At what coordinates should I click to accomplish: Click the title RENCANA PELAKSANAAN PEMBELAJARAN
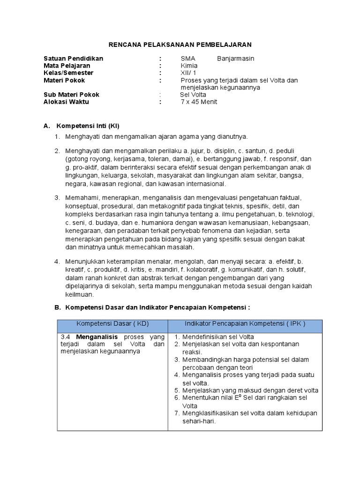(x=180, y=44)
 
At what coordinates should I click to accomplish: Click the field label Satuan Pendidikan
(x=73, y=59)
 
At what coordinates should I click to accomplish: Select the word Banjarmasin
(x=236, y=59)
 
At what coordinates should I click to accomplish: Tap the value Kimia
(x=189, y=66)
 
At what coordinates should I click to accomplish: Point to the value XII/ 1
(x=189, y=73)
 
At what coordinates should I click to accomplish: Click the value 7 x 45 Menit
(x=199, y=102)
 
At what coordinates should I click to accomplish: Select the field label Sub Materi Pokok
(x=71, y=95)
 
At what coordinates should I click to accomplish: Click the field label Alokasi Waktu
(x=66, y=102)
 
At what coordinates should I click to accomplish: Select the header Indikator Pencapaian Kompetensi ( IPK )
(x=245, y=323)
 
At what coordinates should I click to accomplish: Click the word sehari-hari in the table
(x=199, y=420)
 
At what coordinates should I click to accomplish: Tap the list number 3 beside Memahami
(x=56, y=198)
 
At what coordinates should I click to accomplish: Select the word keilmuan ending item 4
(x=80, y=295)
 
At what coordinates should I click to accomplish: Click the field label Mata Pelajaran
(x=67, y=66)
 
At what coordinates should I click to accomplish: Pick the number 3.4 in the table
(x=66, y=337)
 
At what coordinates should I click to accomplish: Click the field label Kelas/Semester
(x=68, y=73)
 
